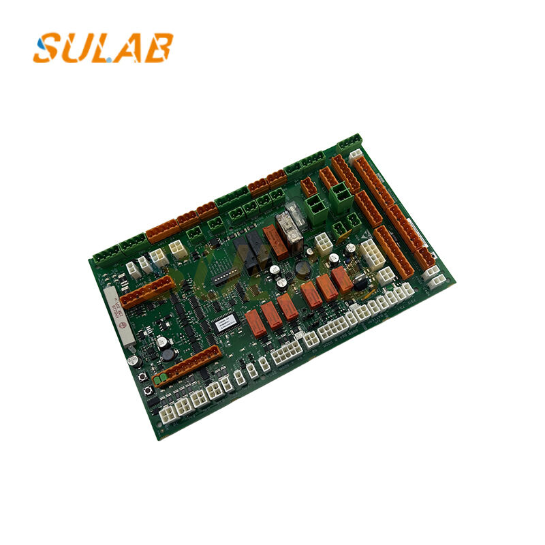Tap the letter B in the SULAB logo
pyautogui.click(x=157, y=48)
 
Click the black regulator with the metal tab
pyautogui.click(x=359, y=279)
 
